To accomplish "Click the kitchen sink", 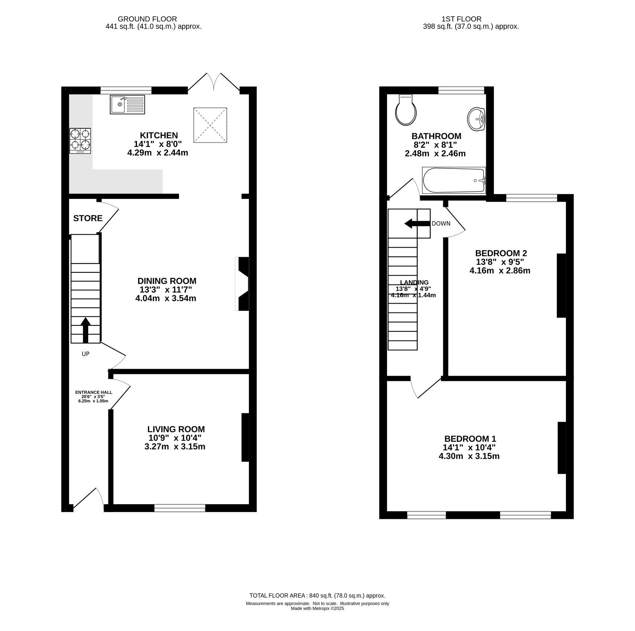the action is pos(127,105).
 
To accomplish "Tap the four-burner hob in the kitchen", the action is pos(80,141).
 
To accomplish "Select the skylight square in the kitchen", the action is pos(210,125).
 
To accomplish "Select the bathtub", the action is pos(454,180).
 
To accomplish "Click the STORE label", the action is pos(88,218).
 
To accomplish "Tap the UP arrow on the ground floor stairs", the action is pos(85,330).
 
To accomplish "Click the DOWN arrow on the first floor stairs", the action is pos(417,224).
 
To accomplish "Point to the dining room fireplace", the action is pos(242,284).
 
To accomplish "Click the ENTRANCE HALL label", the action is pos(94,392).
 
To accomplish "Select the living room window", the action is pos(180,508).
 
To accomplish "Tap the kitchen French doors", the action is pos(214,82).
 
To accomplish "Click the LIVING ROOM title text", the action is pos(176,429).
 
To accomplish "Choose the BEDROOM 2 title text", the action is pos(501,253).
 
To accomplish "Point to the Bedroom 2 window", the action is pos(532,198).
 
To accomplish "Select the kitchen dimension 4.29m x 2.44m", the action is pos(157,153).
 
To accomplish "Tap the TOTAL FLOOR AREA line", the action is pos(317,595).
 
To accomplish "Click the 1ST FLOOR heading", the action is pos(461,19).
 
